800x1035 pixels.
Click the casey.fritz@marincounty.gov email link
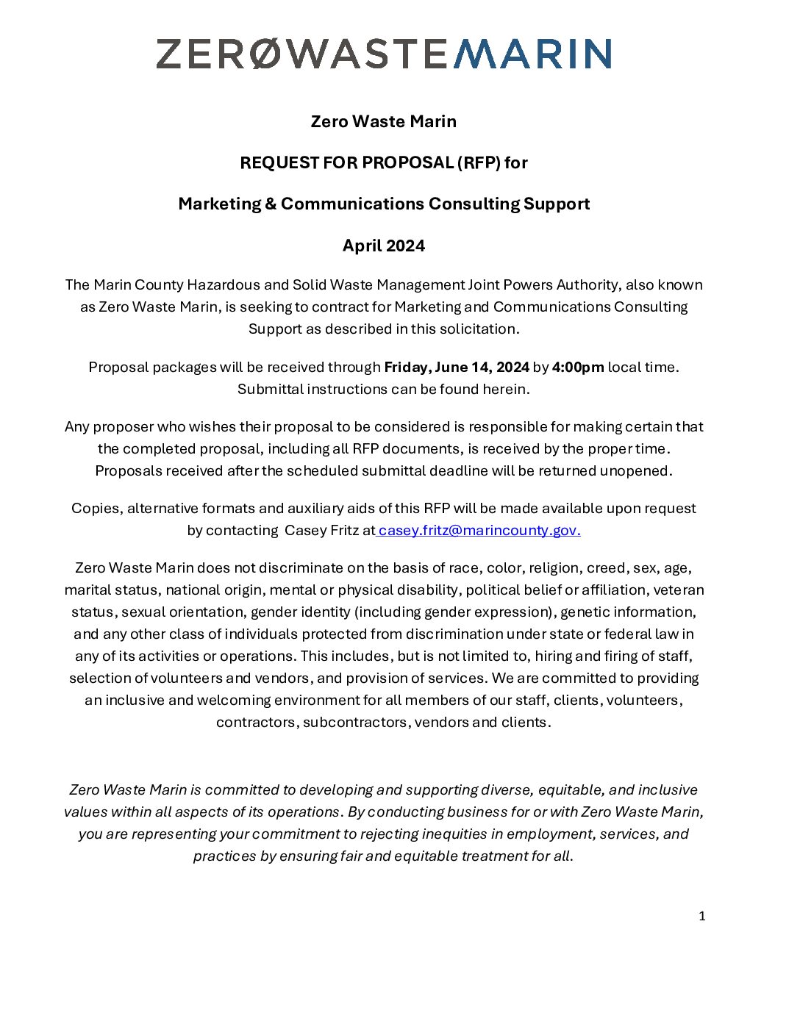pyautogui.click(x=479, y=530)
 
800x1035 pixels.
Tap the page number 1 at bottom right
pyautogui.click(x=702, y=916)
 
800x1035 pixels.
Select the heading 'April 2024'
pyautogui.click(x=384, y=246)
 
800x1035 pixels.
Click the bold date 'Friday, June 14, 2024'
pyautogui.click(x=457, y=367)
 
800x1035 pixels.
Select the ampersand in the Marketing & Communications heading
pyautogui.click(x=271, y=204)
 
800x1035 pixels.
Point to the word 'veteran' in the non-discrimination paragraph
pyautogui.click(x=679, y=590)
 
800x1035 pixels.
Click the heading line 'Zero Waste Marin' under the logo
pyautogui.click(x=384, y=121)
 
